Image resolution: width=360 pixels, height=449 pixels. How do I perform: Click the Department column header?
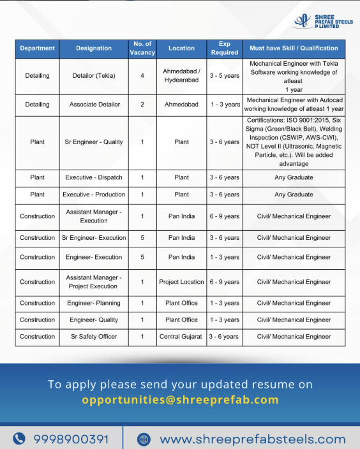37,48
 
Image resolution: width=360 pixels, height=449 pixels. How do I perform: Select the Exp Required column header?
225,48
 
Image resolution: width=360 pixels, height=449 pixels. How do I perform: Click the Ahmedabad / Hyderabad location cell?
181,76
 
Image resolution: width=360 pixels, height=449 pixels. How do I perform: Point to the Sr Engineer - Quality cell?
94,142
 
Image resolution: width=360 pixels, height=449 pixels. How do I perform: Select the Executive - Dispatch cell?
94,177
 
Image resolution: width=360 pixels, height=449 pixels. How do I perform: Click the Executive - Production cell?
94,195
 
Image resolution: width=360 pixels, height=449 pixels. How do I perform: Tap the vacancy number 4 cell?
142,76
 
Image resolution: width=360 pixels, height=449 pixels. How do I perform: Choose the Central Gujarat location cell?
181,337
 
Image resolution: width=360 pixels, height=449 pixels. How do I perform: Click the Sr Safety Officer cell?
94,337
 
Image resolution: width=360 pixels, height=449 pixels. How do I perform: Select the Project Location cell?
181,282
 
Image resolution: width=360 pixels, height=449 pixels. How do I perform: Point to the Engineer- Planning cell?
94,303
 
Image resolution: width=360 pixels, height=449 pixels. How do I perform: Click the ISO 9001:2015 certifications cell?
294,142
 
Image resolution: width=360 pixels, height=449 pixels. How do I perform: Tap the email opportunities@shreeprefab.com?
180,401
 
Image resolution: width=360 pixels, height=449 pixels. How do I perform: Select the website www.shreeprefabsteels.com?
252,439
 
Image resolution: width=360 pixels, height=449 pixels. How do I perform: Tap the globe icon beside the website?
144,439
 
